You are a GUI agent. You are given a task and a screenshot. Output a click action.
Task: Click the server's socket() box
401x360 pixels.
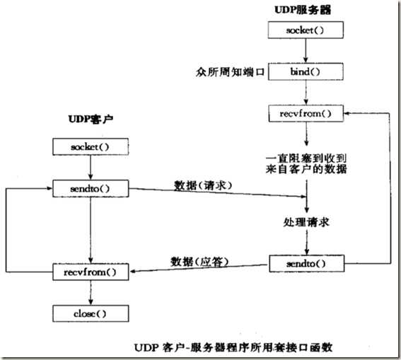(x=306, y=32)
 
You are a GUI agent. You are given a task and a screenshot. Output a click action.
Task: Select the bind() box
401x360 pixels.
(x=306, y=72)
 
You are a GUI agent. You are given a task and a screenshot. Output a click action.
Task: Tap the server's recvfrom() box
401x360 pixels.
(x=306, y=113)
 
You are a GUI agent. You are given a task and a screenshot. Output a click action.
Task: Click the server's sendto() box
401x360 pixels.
(x=306, y=264)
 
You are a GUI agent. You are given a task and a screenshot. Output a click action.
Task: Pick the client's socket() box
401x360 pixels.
(x=88, y=147)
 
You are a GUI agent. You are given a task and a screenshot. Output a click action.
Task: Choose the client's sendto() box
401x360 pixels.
(x=88, y=188)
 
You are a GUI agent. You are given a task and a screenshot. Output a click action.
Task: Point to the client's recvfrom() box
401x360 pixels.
(x=88, y=271)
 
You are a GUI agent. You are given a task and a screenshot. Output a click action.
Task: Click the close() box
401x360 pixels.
(x=88, y=313)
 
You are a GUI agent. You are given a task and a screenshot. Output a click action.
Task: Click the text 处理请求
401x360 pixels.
(x=306, y=222)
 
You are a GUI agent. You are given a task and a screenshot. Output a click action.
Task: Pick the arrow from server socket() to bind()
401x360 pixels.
(x=306, y=52)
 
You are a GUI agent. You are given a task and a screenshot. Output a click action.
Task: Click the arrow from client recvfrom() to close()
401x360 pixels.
(x=88, y=292)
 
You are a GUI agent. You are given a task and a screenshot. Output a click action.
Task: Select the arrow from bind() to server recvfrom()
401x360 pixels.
(x=306, y=93)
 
